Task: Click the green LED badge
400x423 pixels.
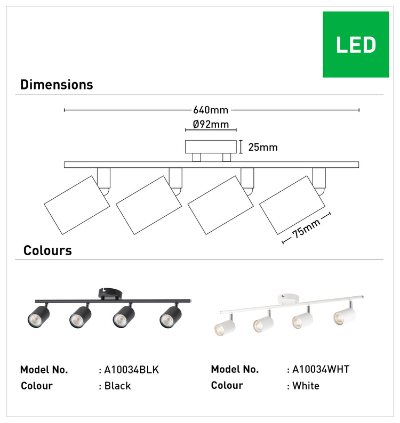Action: [356, 45]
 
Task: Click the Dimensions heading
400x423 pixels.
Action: [57, 85]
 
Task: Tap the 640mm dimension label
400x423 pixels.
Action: [211, 110]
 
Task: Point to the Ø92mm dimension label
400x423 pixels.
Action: [211, 124]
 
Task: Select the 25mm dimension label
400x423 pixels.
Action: [263, 147]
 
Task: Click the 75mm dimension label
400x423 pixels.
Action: [306, 228]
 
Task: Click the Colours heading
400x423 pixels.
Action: [47, 250]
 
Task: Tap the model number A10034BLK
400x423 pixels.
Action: [132, 370]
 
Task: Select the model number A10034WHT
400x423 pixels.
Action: [321, 369]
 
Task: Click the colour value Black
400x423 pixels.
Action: [117, 386]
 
